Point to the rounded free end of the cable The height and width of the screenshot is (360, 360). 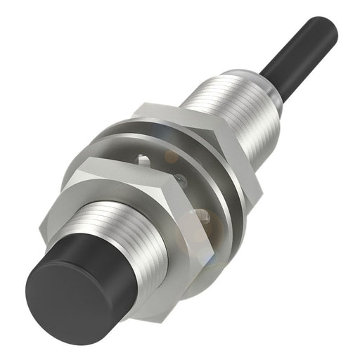(327, 26)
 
